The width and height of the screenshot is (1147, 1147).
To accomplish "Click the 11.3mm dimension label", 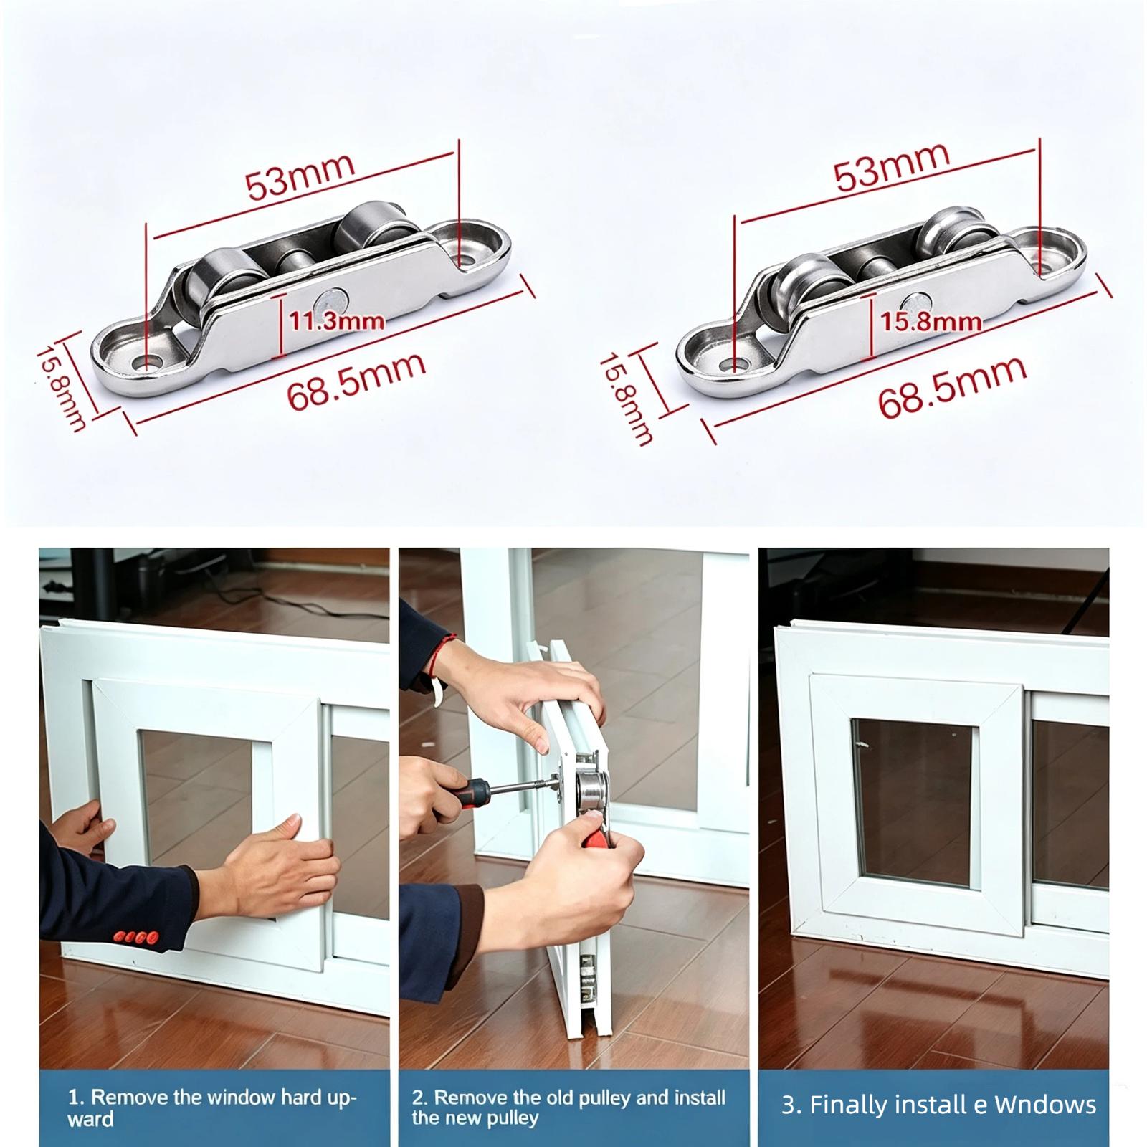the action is point(336,320).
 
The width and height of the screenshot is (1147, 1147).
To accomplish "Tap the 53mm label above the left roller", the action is point(300,176).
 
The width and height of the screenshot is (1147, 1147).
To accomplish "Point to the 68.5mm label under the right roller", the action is point(952,388).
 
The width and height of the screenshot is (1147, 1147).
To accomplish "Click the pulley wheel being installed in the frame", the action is point(591,798).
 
